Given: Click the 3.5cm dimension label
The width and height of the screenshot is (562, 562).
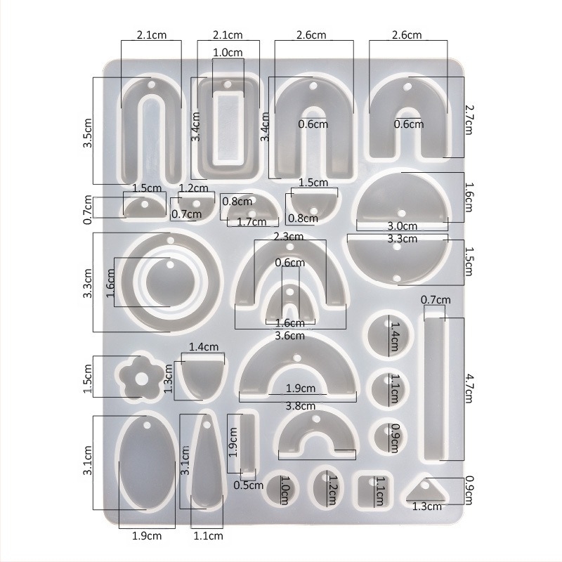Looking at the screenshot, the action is pyautogui.click(x=88, y=133).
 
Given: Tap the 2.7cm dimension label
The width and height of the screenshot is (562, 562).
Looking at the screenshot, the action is pyautogui.click(x=469, y=119).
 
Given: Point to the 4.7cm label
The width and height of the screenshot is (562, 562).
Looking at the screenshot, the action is pyautogui.click(x=469, y=388).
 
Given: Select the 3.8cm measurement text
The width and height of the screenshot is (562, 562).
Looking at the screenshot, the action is pyautogui.click(x=301, y=406).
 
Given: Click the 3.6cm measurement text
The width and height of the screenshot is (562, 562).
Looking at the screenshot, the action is pyautogui.click(x=289, y=336).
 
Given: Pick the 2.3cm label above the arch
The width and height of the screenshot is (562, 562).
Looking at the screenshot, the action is pyautogui.click(x=288, y=237).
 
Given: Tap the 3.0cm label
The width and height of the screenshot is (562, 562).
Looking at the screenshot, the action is pyautogui.click(x=403, y=226).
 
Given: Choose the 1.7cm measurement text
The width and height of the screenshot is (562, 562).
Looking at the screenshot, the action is pyautogui.click(x=251, y=222).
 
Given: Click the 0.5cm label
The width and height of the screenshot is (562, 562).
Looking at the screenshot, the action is pyautogui.click(x=249, y=485).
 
